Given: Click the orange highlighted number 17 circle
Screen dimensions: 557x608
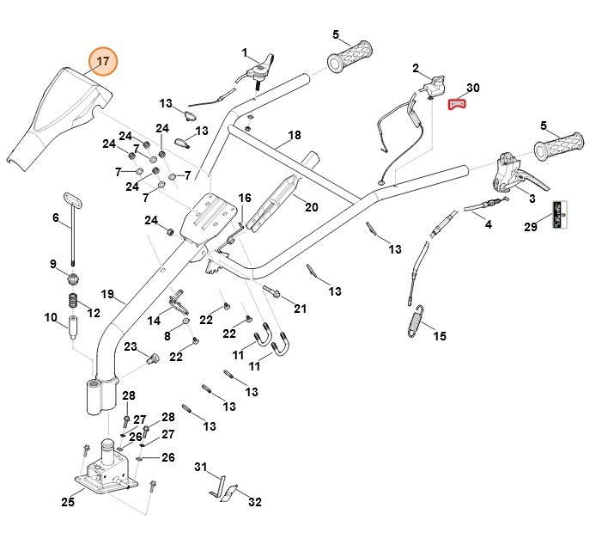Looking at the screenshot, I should pos(103,62).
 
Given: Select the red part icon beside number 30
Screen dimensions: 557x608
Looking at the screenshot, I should pos(459,105).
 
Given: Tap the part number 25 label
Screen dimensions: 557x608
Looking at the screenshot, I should pos(67,502).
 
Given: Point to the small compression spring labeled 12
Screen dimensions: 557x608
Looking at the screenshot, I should pos(73,303).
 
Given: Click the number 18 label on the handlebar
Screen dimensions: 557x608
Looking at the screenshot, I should pos(295,136).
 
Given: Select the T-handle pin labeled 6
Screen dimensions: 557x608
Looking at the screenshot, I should pos(72,228).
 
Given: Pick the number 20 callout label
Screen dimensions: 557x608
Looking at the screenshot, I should pos(311,207).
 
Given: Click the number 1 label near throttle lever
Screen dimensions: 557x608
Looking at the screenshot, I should pos(244,52).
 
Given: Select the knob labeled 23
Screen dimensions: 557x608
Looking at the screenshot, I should pos(155,358).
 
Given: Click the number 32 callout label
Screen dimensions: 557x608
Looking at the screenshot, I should pos(255,501).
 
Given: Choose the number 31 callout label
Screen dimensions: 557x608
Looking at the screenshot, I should pos(201,468).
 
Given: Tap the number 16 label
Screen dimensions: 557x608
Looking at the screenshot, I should pos(245,199).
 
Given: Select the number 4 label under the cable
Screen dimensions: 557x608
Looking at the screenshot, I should pos(489,225).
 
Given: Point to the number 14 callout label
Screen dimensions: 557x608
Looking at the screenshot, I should pos(154,321).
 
